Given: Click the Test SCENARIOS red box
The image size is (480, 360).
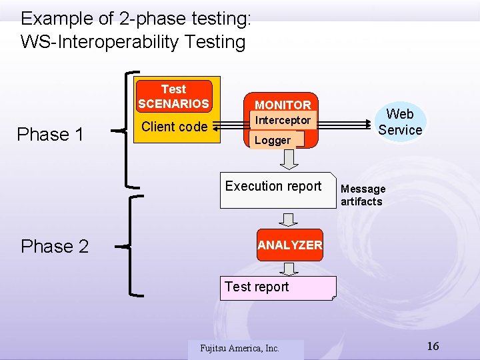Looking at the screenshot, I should tap(174, 96).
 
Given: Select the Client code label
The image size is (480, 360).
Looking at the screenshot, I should tap(175, 127).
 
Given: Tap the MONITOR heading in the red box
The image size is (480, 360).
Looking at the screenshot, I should tap(283, 105).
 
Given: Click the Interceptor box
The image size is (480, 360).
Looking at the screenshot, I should tap(283, 121).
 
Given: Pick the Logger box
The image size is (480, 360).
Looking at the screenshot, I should tap(273, 140).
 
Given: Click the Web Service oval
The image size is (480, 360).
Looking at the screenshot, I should tap(400, 122).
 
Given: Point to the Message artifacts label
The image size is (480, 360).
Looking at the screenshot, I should tap(363, 195).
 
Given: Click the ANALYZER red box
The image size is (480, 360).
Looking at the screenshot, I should tap(289, 245).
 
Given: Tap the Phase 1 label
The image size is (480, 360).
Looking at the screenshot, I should tap(50, 135).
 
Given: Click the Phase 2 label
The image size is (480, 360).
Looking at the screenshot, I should tap(55, 247).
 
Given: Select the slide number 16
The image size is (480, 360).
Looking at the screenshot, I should tap(433, 346).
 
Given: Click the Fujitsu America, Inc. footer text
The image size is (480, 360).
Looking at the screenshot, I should tap(240, 348).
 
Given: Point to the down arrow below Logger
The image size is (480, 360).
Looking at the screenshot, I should tap(289, 159).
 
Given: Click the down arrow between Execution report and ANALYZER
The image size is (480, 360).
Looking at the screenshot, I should tap(289, 219).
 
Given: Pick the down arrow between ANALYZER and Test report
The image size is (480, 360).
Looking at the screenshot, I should tap(289, 269).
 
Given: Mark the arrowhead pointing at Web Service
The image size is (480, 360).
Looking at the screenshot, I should tap(368, 125).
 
